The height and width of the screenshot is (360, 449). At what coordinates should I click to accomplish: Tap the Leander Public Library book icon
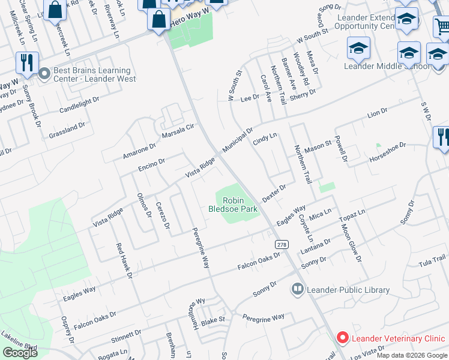point(297,290)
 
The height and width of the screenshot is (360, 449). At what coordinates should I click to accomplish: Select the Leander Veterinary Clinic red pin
point(342,338)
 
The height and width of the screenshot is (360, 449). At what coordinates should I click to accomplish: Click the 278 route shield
point(282,244)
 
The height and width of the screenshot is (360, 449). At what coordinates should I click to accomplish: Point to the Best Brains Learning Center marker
point(44,74)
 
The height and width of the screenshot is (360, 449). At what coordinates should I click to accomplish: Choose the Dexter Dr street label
point(274,193)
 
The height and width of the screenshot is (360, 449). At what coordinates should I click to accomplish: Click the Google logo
point(20,353)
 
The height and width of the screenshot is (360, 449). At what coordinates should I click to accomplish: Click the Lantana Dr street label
point(318,244)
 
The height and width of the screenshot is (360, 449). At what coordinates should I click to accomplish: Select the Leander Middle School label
point(387,66)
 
